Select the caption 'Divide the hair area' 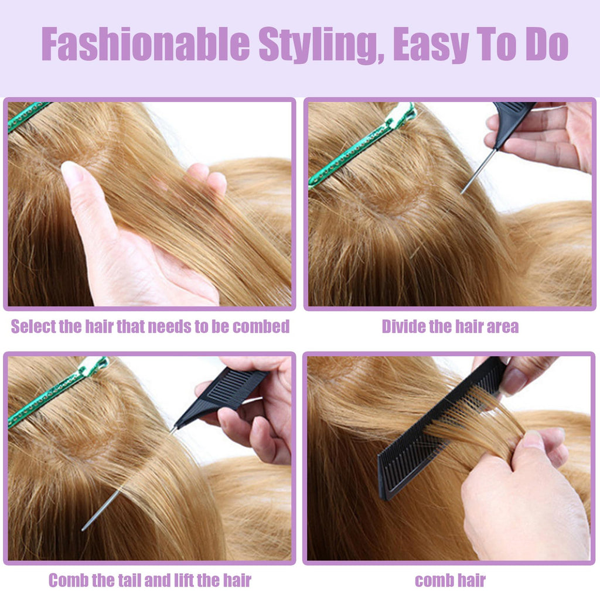450,326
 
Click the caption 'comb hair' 450,581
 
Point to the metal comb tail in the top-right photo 478,173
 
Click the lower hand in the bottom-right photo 521,498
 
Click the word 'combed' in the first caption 261,326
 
